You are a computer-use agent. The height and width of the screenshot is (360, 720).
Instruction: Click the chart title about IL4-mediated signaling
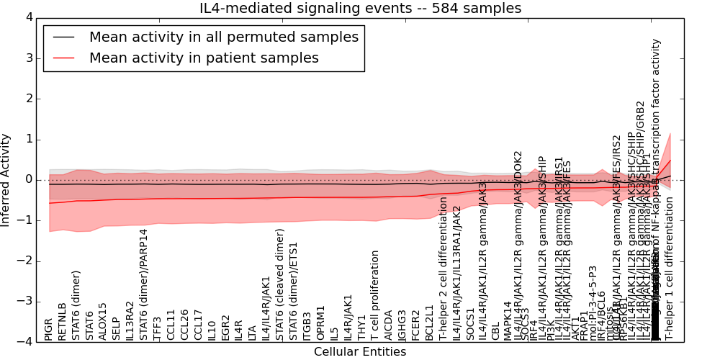pyautogui.click(x=360, y=9)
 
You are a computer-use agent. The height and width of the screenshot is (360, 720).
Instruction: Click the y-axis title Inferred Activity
pyautogui.click(x=6, y=179)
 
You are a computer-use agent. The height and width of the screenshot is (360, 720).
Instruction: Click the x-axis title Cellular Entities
pyautogui.click(x=359, y=352)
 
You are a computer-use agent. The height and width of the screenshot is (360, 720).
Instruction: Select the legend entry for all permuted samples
pyautogui.click(x=223, y=37)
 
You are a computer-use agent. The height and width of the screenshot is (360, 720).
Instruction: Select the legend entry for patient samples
pyautogui.click(x=204, y=58)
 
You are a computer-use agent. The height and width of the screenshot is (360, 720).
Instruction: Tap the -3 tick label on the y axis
pyautogui.click(x=24, y=301)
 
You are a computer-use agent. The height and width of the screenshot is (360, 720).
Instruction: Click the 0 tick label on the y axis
pyautogui.click(x=27, y=179)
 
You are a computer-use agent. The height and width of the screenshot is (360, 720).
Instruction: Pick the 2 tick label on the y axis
pyautogui.click(x=27, y=99)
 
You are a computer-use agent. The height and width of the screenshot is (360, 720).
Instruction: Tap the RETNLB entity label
pyautogui.click(x=63, y=321)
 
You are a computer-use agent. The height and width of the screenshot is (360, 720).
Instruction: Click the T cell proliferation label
pyautogui.click(x=375, y=296)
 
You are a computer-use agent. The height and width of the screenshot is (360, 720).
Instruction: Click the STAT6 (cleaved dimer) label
pyautogui.click(x=280, y=284)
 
